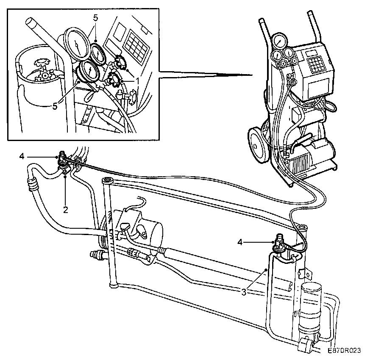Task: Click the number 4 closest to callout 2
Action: (22, 157)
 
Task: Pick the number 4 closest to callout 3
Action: (240, 242)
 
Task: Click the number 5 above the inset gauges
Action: (95, 18)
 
